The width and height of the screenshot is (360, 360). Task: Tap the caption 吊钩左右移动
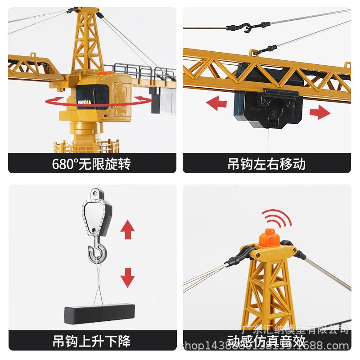266,164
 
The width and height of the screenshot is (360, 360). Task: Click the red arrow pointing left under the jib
216,103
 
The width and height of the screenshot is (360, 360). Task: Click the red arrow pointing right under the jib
320,112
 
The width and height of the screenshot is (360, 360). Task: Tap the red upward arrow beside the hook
128,230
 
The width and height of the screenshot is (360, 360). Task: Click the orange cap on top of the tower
269,237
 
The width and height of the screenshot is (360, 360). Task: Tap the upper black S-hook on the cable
243,27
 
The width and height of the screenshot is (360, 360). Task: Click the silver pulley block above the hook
94,215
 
